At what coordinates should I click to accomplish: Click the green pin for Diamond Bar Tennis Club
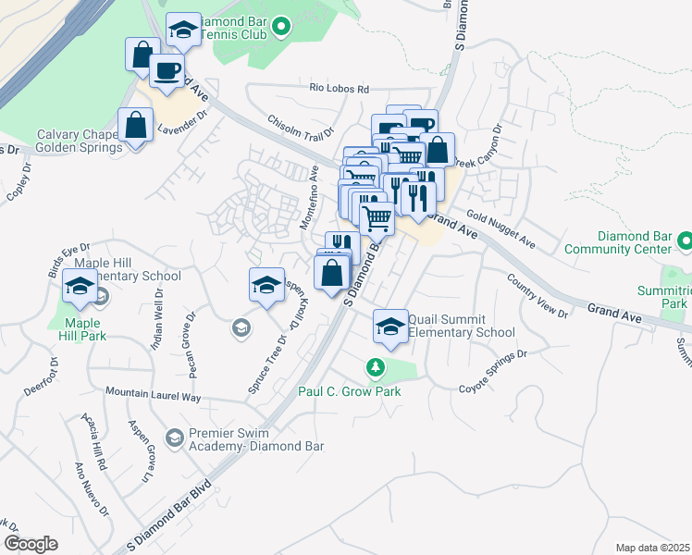coord(284,29)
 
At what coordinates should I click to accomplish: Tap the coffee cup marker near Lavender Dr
coord(167,72)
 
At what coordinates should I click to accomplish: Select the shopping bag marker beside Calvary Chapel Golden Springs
coord(136,125)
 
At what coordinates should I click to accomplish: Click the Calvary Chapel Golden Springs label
coord(79,141)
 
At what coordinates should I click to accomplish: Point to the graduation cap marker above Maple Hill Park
coord(80,288)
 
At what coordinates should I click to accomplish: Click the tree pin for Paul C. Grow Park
coord(375,368)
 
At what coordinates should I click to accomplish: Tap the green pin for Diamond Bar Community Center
coord(685,241)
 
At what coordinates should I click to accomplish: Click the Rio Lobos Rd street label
coord(339,90)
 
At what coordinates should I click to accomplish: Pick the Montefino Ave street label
coord(308,198)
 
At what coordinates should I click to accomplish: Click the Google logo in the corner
coord(31,544)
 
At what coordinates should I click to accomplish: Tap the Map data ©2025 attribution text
coord(652,548)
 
